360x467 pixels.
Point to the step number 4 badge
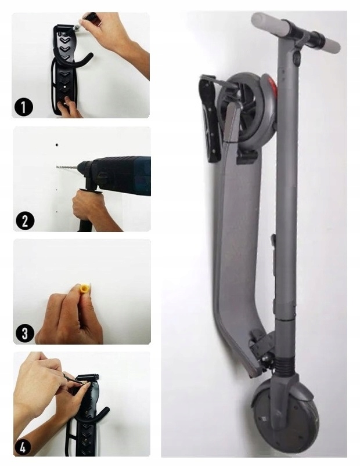point(23,447)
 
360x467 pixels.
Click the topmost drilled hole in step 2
point(57,146)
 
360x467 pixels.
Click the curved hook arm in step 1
point(76,60)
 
